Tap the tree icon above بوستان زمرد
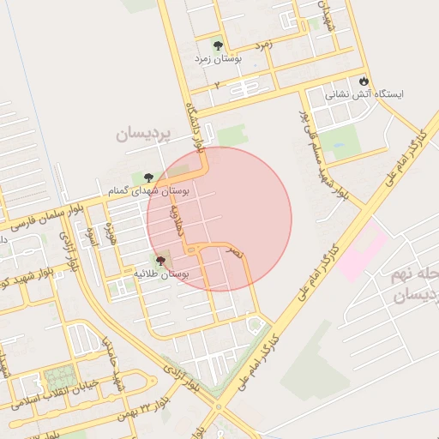(217, 45)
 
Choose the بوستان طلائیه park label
(160, 274)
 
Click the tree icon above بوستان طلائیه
(160, 259)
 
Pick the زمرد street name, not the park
(264, 44)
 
